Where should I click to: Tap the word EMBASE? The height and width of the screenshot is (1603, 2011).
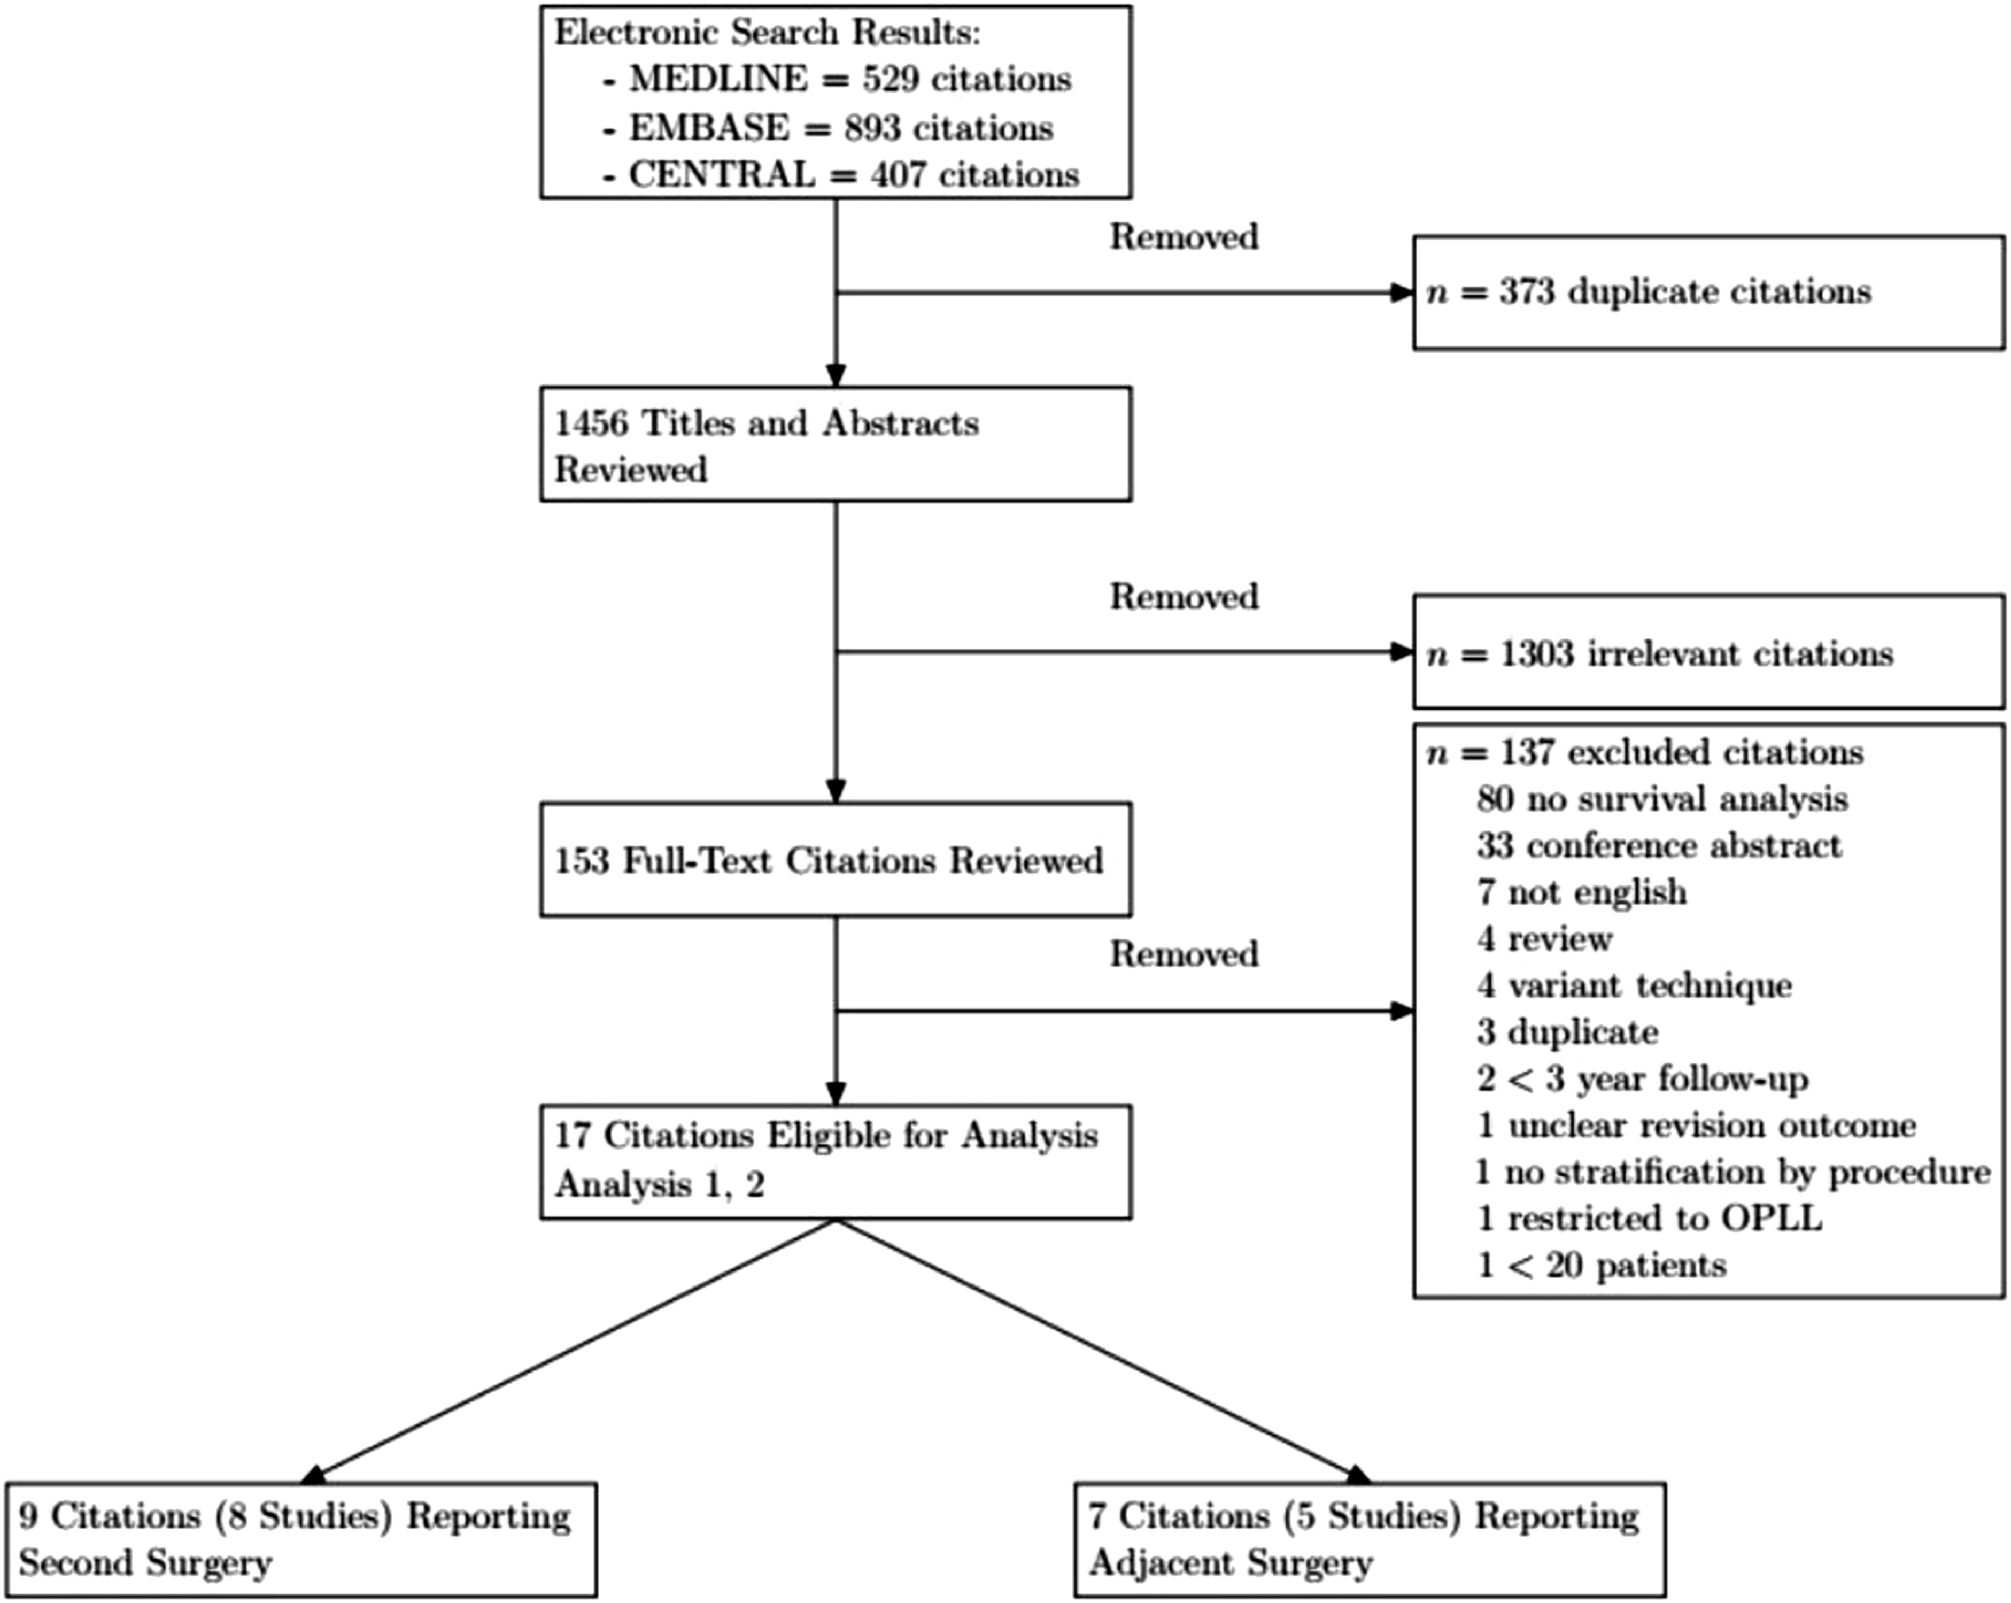click(x=709, y=128)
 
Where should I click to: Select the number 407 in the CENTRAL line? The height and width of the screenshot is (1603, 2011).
click(x=898, y=174)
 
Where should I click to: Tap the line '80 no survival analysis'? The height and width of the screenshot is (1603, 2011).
click(x=1662, y=799)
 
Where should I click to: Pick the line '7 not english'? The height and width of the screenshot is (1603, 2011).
click(x=1582, y=892)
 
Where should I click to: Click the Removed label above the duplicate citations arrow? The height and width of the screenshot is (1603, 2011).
click(x=1184, y=237)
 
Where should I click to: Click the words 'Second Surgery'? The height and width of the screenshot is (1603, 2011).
click(x=145, y=1563)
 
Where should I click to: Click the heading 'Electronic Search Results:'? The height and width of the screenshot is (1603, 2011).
click(x=768, y=33)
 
